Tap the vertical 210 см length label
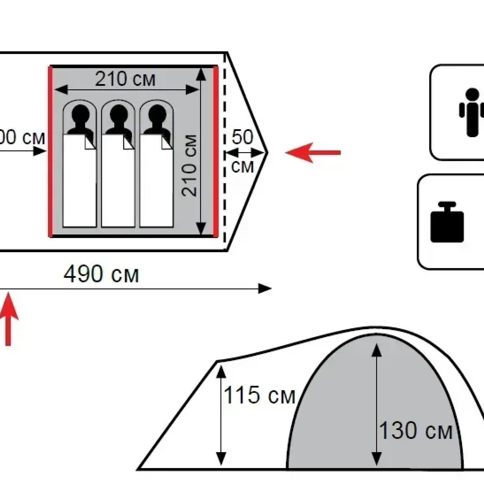pyautogui.click(x=189, y=166)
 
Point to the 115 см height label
pyautogui.click(x=259, y=395)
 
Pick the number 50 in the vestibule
pyautogui.click(x=242, y=137)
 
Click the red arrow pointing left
pyautogui.click(x=313, y=152)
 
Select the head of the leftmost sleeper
pyautogui.click(x=80, y=114)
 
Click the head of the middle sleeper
pyautogui.click(x=119, y=114)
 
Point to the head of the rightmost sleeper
pyautogui.click(x=157, y=114)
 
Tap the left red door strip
pyautogui.click(x=50, y=151)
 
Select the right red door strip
pyautogui.click(x=216, y=151)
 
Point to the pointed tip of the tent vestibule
pyautogui.click(x=267, y=152)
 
